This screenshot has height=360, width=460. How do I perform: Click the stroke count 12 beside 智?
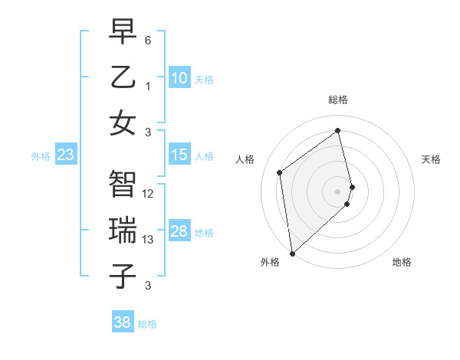coord(148,194)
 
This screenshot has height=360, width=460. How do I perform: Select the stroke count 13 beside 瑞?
coord(148,240)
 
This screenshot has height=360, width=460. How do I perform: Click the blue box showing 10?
coord(179,78)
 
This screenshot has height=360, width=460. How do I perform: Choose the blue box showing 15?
coord(179,155)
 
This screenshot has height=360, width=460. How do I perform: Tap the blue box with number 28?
coord(179,232)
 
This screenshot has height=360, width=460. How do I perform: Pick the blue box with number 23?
coord(66,155)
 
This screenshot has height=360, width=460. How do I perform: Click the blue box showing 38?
coord(123,322)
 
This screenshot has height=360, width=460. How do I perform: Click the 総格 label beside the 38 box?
coord(147,324)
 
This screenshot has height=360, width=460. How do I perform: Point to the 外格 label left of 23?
coord(41,156)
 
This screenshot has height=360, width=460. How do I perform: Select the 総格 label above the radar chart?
coord(338,100)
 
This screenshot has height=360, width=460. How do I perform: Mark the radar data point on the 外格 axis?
coord(292,253)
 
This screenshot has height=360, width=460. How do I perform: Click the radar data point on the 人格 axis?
coord(280,172)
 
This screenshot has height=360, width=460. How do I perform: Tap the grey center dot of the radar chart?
coord(338,191)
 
